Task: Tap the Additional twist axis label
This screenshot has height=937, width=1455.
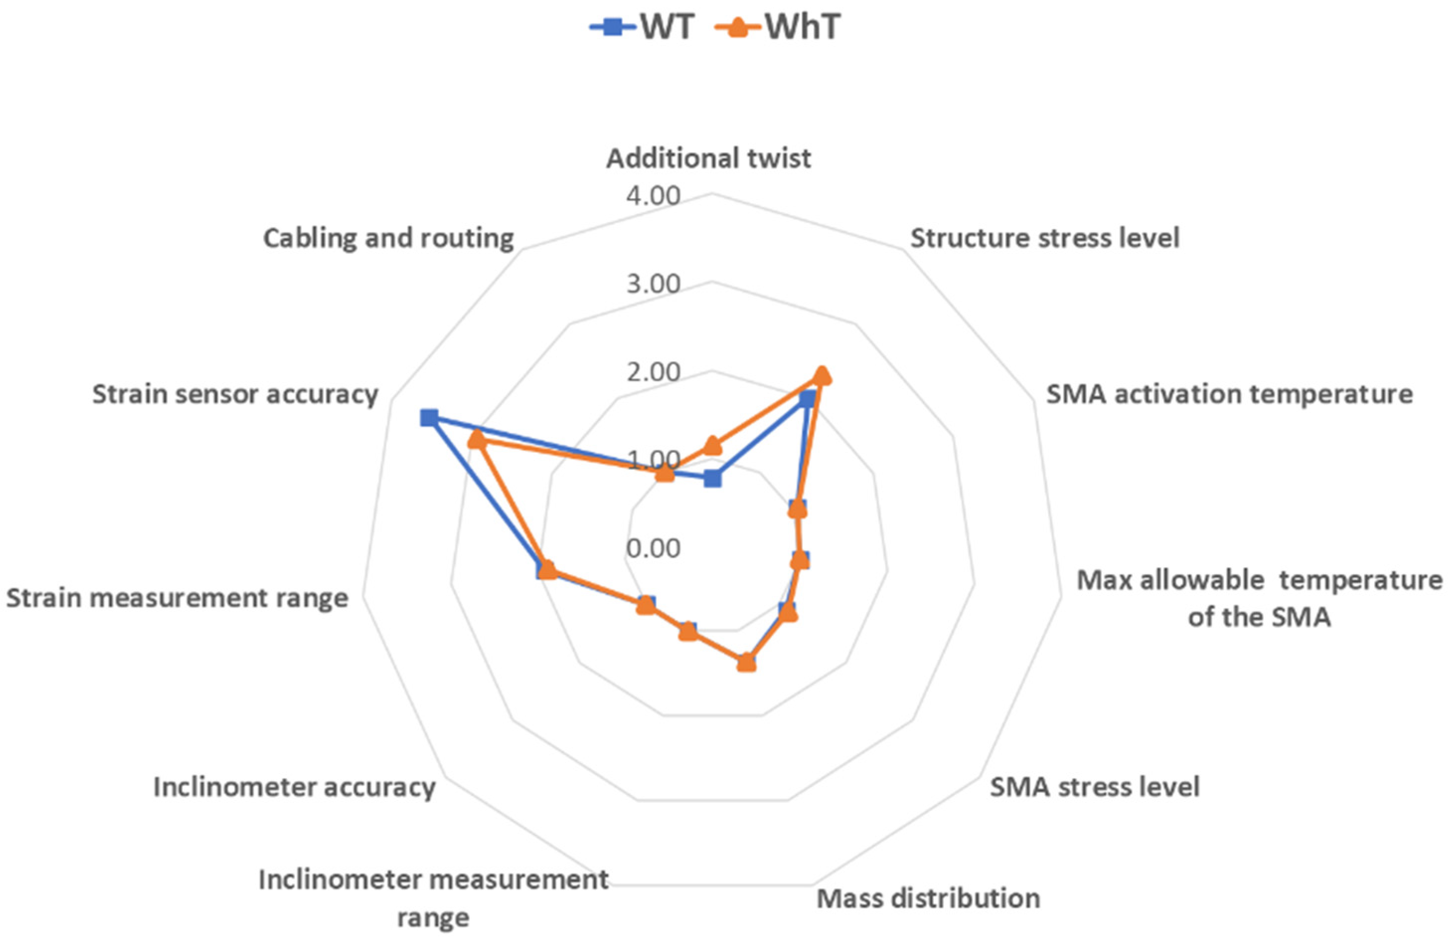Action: click(708, 159)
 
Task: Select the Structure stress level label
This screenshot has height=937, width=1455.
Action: click(1044, 238)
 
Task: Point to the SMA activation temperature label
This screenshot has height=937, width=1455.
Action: click(1229, 394)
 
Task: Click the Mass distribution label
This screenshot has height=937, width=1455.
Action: click(927, 898)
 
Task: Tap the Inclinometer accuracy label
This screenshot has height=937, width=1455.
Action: click(294, 787)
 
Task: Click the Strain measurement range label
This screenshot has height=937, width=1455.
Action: click(177, 597)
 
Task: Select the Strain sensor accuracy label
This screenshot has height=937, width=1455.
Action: click(235, 394)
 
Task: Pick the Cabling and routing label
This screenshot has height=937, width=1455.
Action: click(388, 238)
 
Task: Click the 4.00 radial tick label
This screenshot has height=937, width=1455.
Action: click(653, 197)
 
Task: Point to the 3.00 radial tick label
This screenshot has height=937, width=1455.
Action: click(653, 284)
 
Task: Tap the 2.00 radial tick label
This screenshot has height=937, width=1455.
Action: click(653, 372)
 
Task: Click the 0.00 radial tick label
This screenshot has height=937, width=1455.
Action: click(653, 549)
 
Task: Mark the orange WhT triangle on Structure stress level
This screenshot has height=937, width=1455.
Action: click(822, 375)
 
